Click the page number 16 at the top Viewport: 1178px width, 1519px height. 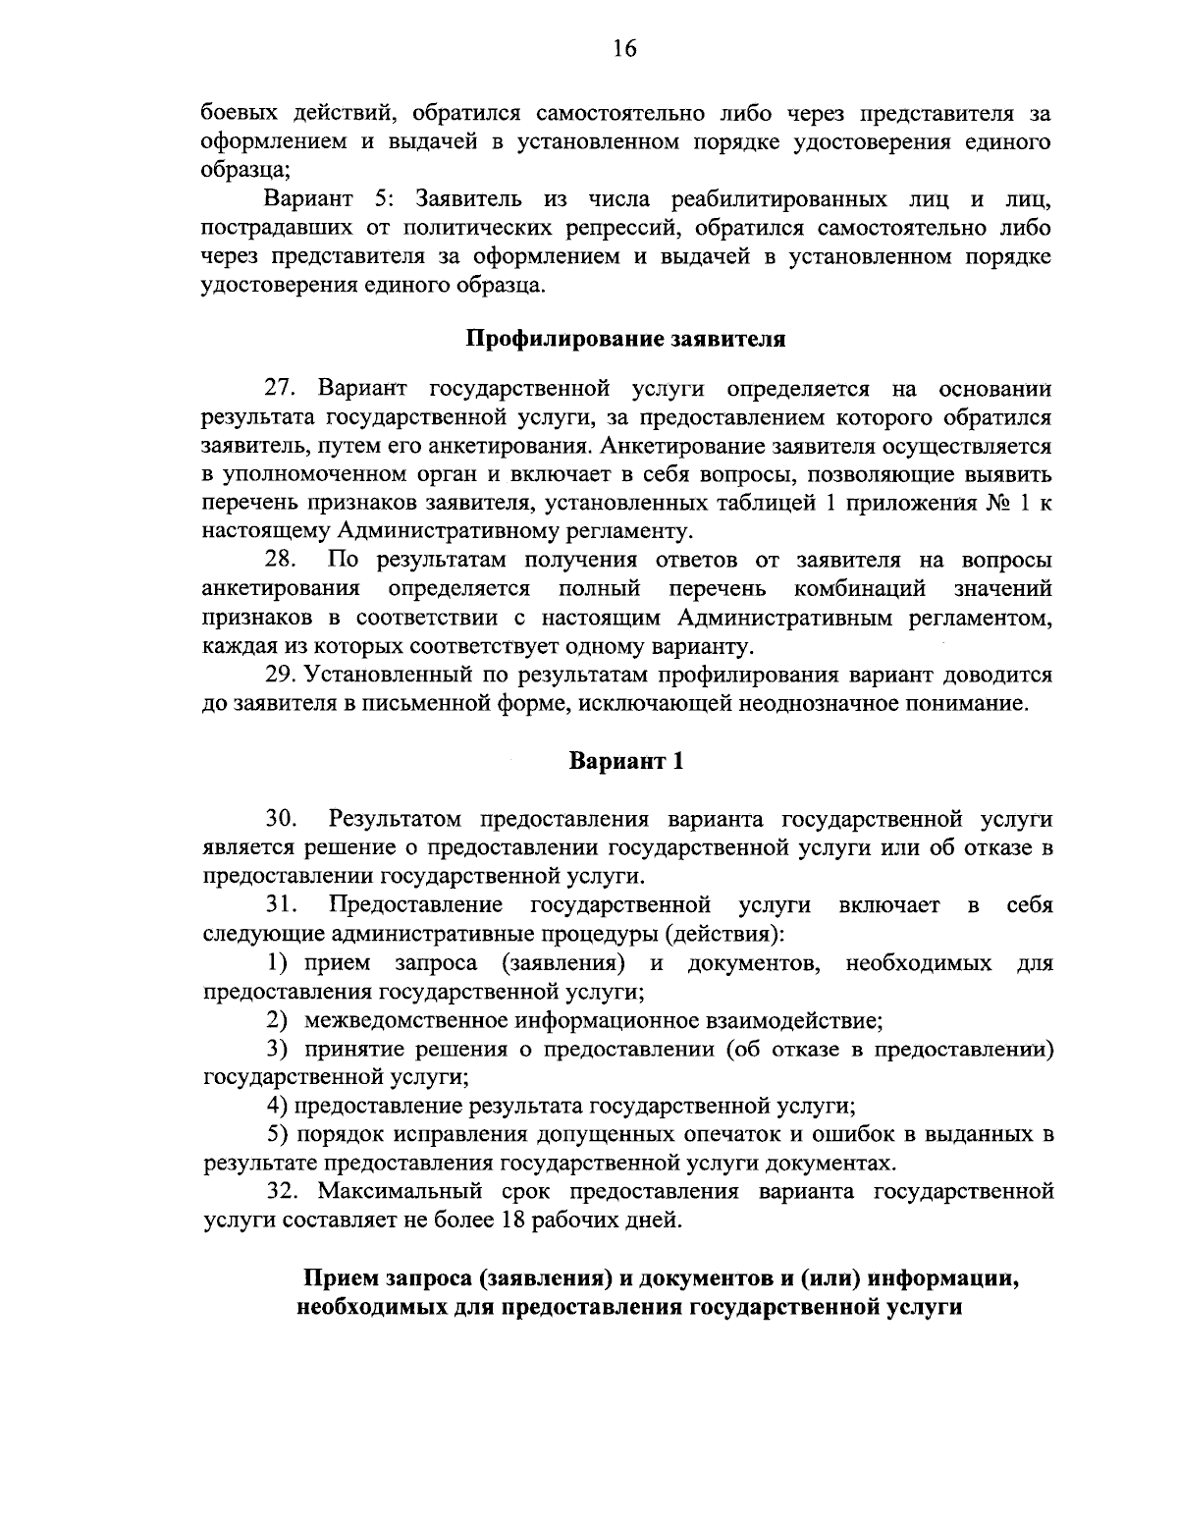(625, 49)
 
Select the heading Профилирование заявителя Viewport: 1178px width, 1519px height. (625, 340)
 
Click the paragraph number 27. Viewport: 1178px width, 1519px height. (284, 389)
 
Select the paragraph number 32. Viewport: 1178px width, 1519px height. (284, 1192)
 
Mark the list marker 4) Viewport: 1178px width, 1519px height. (278, 1106)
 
